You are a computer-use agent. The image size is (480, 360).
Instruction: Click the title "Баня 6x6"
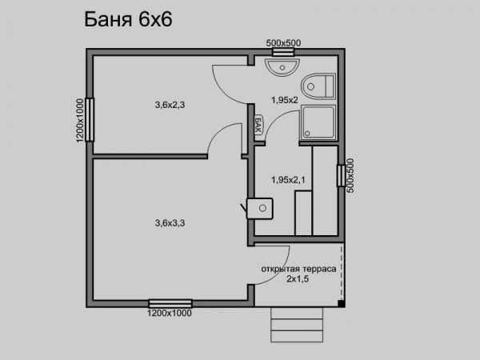click(128, 19)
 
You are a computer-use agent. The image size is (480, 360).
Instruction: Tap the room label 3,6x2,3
click(170, 105)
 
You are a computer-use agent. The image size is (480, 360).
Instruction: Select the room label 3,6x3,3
click(170, 223)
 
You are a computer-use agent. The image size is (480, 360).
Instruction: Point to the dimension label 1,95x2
click(285, 100)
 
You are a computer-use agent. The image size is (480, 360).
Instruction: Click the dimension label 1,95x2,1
click(288, 180)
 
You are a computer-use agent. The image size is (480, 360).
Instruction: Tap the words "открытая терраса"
click(298, 269)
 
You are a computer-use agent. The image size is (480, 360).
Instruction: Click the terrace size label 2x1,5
click(298, 279)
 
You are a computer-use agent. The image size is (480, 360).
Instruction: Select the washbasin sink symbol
click(282, 66)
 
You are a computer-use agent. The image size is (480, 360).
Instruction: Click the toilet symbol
click(318, 86)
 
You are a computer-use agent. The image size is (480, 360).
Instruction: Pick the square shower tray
click(318, 122)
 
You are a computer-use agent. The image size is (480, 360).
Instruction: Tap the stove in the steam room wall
click(260, 209)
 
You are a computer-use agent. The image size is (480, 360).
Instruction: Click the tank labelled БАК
click(258, 125)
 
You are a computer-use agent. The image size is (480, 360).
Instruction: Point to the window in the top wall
click(283, 52)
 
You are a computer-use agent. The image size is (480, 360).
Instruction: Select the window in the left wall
click(90, 119)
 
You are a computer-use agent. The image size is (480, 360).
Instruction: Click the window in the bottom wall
click(170, 303)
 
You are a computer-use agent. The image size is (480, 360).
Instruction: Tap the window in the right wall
click(341, 176)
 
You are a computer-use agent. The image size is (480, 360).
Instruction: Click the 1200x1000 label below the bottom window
click(170, 313)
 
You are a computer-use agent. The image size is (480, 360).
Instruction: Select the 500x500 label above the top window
click(283, 43)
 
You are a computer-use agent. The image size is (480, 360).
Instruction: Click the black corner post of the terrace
click(342, 304)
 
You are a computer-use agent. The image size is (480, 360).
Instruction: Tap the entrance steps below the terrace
click(297, 325)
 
